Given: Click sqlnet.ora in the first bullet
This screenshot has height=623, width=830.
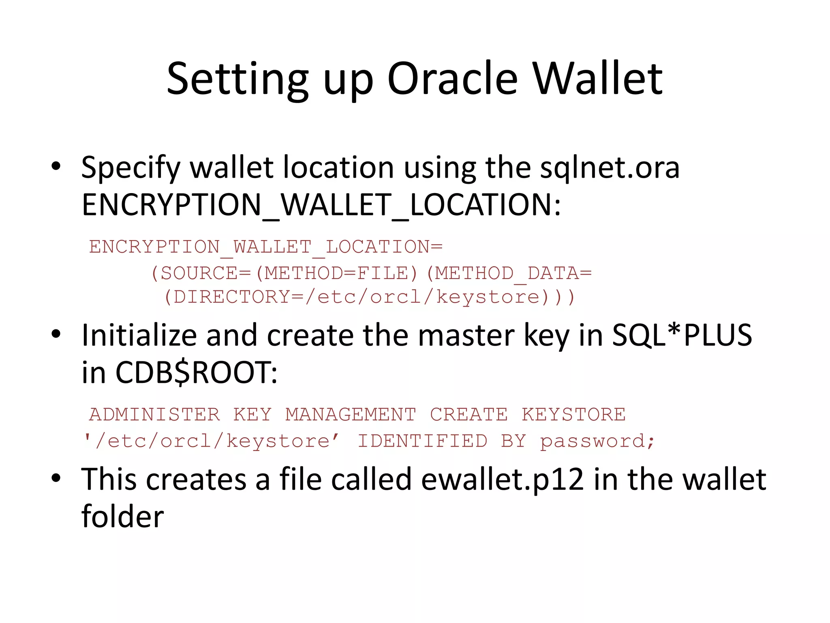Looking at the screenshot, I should point(610,168).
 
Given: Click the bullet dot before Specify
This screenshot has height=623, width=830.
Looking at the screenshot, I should point(56,166).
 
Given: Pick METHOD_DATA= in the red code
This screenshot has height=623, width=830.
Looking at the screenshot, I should point(512,273).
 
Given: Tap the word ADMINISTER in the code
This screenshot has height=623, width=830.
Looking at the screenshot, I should point(154,415).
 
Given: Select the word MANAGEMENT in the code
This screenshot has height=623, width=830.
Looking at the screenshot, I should point(351,415).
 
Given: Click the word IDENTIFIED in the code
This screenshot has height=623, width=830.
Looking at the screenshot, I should point(422,441).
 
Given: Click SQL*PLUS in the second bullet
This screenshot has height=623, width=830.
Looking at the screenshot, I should point(682,335).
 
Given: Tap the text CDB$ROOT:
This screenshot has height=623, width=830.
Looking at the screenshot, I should point(196,372).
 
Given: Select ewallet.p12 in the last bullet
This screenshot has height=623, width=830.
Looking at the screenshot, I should point(503,480).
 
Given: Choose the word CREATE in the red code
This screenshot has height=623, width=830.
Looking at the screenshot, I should point(468,415).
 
